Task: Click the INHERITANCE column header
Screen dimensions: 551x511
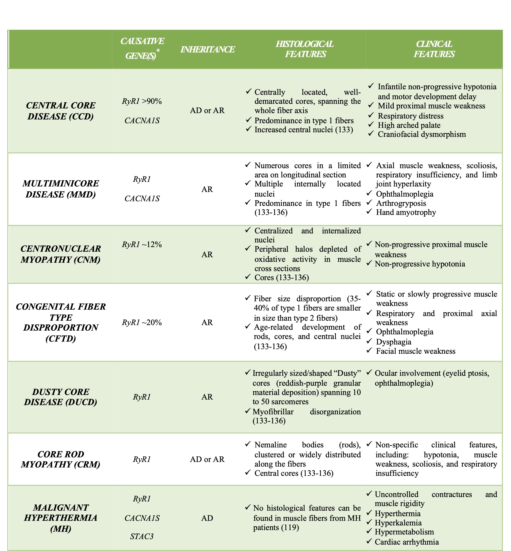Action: pyautogui.click(x=207, y=49)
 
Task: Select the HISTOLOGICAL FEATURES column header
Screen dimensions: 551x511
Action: pyautogui.click(x=305, y=49)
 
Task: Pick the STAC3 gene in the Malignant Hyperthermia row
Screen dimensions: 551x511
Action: pyautogui.click(x=142, y=536)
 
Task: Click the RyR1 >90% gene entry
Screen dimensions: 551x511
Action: pyautogui.click(x=142, y=101)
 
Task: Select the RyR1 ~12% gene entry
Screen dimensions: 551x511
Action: pyautogui.click(x=142, y=244)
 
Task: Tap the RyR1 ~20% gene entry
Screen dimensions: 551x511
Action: pyautogui.click(x=142, y=322)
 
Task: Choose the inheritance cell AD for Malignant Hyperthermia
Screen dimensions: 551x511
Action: pyautogui.click(x=207, y=518)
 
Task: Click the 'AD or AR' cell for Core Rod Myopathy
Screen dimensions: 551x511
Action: pyautogui.click(x=207, y=459)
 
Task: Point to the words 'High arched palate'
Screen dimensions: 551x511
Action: pyautogui.click(x=409, y=125)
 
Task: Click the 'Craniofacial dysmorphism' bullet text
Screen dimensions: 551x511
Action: pyautogui.click(x=422, y=134)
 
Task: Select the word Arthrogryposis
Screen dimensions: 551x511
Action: pyautogui.click(x=401, y=203)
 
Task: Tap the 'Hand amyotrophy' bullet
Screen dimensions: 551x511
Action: pyautogui.click(x=406, y=212)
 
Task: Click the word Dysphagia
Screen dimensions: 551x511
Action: pyautogui.click(x=393, y=342)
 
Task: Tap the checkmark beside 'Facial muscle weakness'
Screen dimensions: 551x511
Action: pyautogui.click(x=369, y=350)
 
